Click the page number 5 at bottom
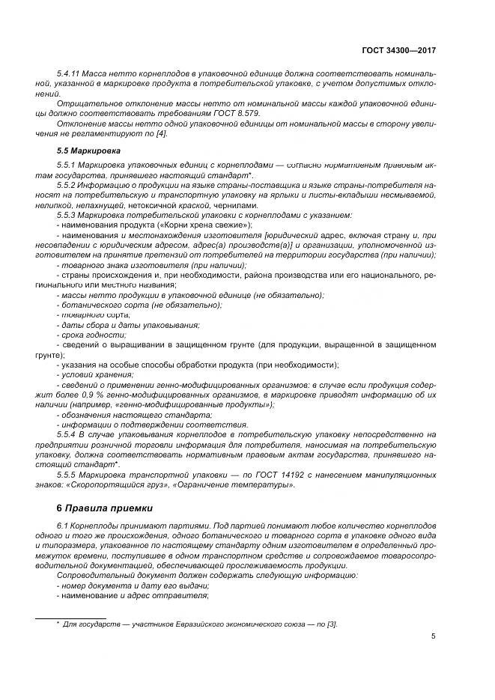(434, 636)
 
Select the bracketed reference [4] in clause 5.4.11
(161, 133)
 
